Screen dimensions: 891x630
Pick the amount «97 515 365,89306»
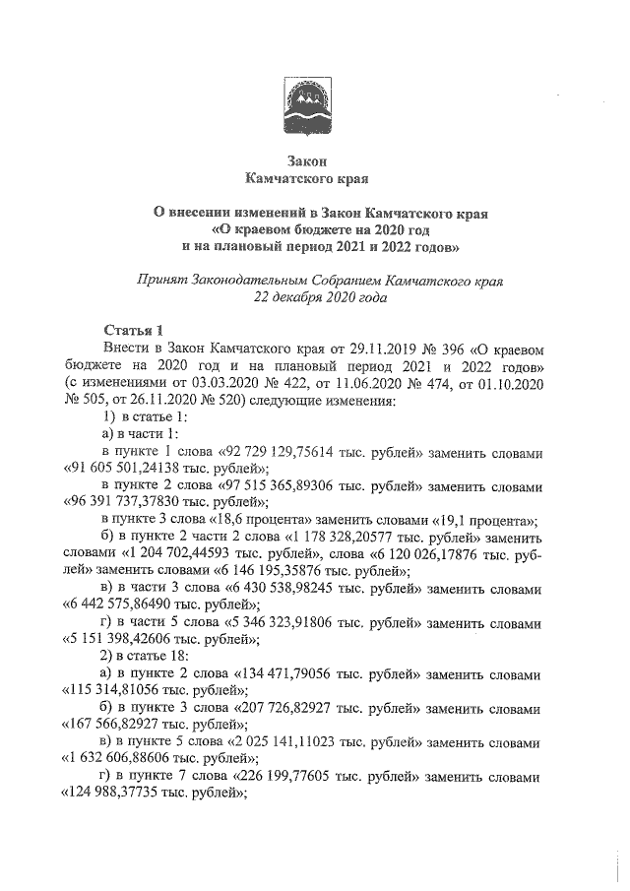coord(292,487)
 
